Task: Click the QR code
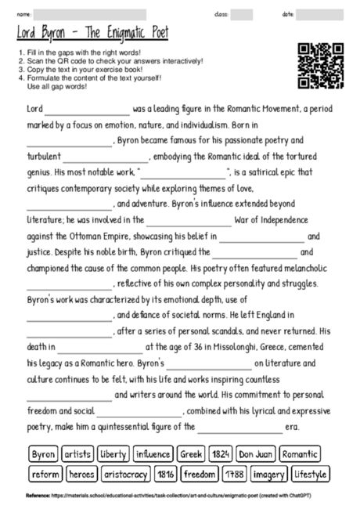(321, 66)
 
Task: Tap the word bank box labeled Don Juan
(255, 454)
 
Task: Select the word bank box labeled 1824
(221, 454)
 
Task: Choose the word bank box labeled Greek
(191, 454)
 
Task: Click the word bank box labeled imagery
(268, 474)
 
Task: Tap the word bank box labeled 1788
(234, 474)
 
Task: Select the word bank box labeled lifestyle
(311, 474)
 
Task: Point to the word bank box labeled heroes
(81, 474)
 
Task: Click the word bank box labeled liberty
(113, 454)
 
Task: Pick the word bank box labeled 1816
(166, 474)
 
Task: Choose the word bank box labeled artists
(77, 454)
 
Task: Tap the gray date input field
(319, 14)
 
